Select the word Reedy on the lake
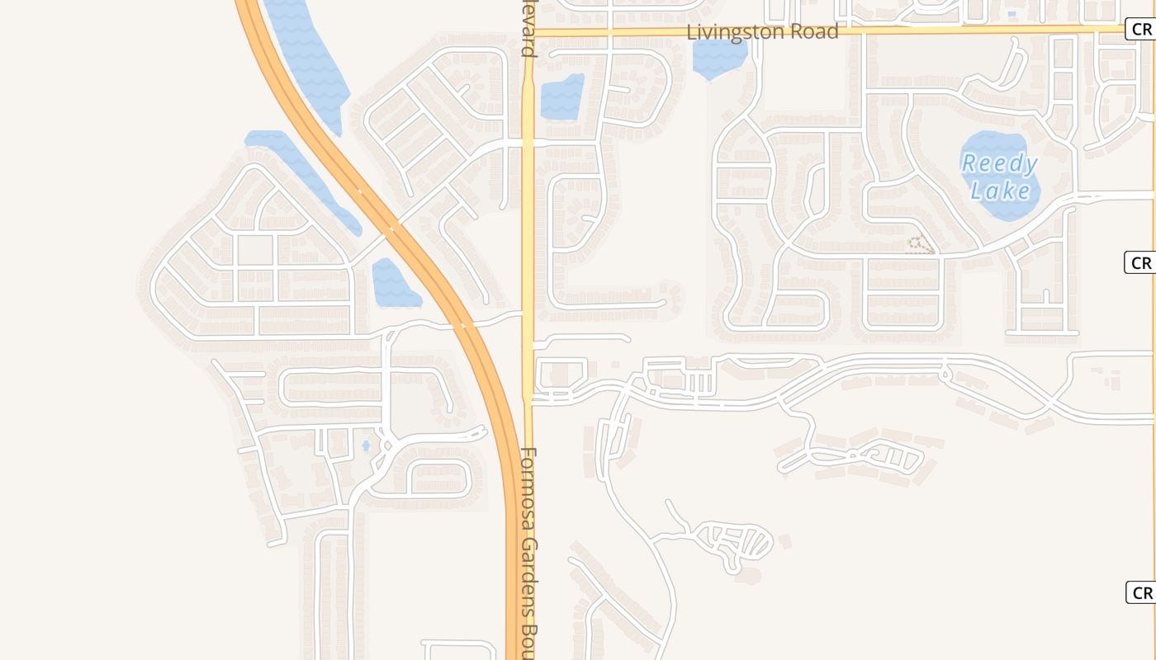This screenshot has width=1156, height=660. [x=999, y=163]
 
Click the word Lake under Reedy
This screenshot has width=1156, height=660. [x=1001, y=191]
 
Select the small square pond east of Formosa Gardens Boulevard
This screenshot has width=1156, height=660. [x=561, y=97]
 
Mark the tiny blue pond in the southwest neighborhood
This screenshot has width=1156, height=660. [x=366, y=446]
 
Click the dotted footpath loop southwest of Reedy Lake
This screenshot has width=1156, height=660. [x=920, y=244]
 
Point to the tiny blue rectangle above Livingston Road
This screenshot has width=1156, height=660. [x=1012, y=14]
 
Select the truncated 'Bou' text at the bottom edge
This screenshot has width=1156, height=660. [x=529, y=639]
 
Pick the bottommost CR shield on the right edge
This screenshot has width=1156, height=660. [x=1141, y=592]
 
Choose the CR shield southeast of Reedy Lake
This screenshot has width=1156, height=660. [x=1140, y=262]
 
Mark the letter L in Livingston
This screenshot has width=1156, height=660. [x=692, y=32]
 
